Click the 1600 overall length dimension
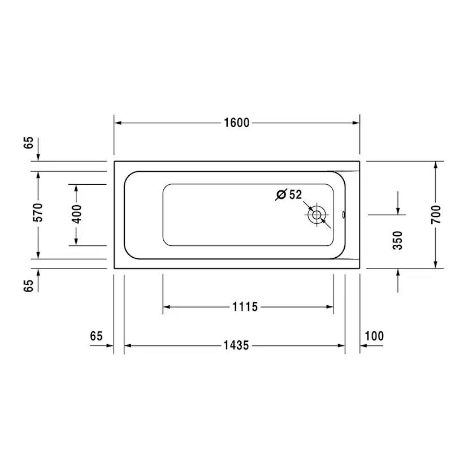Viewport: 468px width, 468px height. click(236, 123)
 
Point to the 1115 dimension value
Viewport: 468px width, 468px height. click(245, 307)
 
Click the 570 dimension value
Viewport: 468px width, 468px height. click(38, 214)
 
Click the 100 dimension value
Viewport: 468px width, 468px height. click(374, 336)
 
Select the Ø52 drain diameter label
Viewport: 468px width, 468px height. click(289, 194)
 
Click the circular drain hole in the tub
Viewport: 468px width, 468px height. click(317, 215)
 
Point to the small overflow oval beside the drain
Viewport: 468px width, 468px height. click(344, 215)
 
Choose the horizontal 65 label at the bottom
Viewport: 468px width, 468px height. click(96, 336)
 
